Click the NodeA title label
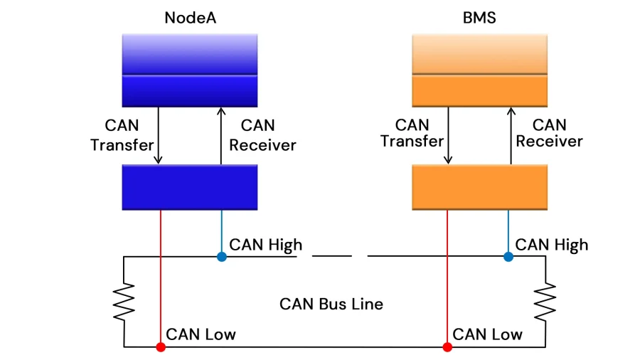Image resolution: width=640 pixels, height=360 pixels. point(190,18)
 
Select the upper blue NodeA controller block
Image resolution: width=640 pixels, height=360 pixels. point(190,70)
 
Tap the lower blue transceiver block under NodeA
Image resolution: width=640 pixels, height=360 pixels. point(190,187)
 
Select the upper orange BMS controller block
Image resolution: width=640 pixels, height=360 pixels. point(479,70)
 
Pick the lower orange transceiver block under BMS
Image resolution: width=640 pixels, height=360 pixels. point(479,187)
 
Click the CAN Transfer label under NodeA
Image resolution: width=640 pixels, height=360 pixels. point(122,135)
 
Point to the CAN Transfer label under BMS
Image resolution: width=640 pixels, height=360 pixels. point(412,133)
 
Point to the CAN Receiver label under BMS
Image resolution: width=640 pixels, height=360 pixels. point(549,133)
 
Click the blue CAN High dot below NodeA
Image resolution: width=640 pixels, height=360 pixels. point(222,256)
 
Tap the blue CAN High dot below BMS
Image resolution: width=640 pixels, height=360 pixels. point(508,256)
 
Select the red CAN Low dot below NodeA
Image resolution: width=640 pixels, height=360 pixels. point(161,347)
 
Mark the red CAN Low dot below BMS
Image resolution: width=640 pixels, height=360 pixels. point(447,347)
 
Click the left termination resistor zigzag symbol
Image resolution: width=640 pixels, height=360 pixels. point(124,302)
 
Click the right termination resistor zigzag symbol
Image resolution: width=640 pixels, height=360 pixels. point(546,302)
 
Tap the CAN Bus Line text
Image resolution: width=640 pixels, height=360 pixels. point(331,305)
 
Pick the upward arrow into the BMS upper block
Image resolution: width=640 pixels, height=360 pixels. point(509,135)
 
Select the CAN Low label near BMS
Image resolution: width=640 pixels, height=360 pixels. point(487,334)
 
